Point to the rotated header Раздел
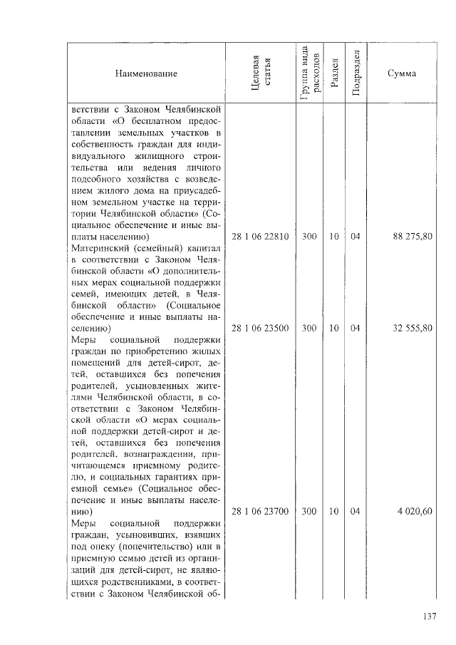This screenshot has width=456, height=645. click(x=333, y=74)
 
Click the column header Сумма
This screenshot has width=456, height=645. click(x=403, y=74)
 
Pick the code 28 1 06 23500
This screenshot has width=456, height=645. click(x=260, y=329)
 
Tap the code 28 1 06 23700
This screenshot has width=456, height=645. click(x=260, y=511)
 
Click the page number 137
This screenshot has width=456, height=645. click(x=428, y=617)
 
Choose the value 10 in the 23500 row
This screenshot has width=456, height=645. click(x=333, y=329)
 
